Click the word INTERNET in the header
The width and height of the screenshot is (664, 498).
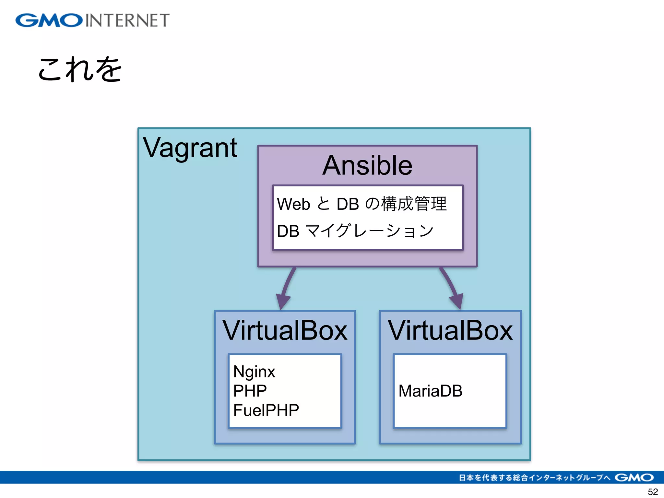(127, 20)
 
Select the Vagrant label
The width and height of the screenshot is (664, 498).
(190, 148)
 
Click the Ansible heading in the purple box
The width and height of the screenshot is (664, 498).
(367, 165)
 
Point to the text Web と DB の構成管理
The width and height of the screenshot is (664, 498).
(362, 204)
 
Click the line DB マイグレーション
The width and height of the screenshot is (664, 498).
(355, 231)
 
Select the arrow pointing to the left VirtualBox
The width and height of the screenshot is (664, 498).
(285, 289)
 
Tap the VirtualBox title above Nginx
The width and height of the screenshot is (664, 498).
(285, 330)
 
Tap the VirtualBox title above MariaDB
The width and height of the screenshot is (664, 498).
(450, 330)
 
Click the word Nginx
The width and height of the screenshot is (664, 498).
(254, 372)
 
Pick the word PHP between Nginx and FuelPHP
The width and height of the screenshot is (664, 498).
(250, 391)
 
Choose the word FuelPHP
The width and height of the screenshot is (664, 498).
(266, 410)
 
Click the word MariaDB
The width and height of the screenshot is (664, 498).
(430, 391)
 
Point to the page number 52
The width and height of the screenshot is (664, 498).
(653, 492)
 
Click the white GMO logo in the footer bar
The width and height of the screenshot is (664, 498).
(634, 478)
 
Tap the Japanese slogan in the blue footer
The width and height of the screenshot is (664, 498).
(534, 478)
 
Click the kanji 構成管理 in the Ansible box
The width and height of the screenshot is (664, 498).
(414, 204)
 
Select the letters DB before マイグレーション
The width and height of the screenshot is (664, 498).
(288, 231)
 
